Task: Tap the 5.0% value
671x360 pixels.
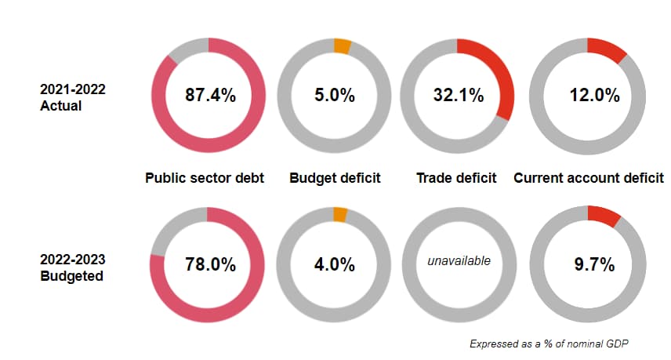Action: click(x=335, y=96)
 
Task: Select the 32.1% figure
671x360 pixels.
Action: click(x=459, y=96)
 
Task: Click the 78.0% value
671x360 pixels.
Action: click(x=210, y=264)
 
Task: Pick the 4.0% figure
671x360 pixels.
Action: click(x=335, y=264)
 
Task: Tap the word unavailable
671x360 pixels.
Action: click(x=459, y=260)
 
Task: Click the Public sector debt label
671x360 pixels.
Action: click(x=205, y=178)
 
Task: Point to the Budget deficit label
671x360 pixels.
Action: click(x=335, y=178)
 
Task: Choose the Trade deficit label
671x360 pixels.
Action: click(x=456, y=178)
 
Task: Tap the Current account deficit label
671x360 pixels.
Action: click(x=589, y=178)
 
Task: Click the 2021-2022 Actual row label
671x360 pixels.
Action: click(x=72, y=97)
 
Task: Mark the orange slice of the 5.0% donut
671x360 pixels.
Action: click(x=342, y=45)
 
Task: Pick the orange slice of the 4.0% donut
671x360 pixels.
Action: click(x=340, y=214)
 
